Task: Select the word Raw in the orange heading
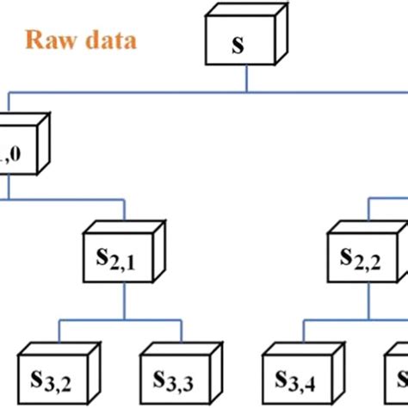[48, 40]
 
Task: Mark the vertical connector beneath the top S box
[247, 78]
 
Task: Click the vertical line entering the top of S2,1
[126, 212]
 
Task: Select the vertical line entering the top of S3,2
[59, 331]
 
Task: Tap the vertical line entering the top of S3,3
[182, 331]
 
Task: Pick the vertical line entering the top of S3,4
[303, 331]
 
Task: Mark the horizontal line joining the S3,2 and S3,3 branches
[121, 321]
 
